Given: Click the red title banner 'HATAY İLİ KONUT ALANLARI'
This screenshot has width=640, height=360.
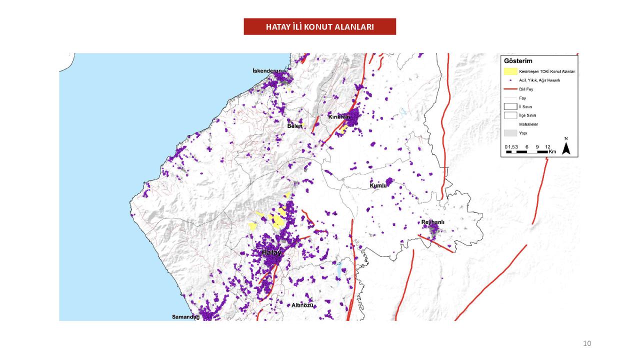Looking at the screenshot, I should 319,26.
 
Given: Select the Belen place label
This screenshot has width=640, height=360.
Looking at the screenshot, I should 294,126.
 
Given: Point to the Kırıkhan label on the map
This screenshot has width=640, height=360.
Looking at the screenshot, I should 338,116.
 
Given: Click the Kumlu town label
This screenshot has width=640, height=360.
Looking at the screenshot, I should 378,185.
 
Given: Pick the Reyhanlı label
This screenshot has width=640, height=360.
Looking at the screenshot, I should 433,222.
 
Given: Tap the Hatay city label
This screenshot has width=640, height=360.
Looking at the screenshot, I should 272,253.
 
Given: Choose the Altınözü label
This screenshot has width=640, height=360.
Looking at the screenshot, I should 302,305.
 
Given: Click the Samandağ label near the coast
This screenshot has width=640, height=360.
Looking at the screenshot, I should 185,317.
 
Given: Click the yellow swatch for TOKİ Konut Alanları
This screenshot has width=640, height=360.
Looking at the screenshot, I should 510,71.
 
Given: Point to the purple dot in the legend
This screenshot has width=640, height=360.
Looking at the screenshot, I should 510,80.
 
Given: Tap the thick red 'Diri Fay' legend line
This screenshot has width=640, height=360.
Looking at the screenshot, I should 510,89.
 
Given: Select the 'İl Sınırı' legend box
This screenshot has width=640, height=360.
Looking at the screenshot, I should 510,106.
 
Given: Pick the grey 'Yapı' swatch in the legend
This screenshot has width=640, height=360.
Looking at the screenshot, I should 510,133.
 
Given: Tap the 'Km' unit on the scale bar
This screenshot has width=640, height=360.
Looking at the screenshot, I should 552,151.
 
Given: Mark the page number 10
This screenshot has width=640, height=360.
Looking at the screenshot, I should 587,343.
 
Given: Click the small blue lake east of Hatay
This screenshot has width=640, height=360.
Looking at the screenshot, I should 339,270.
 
